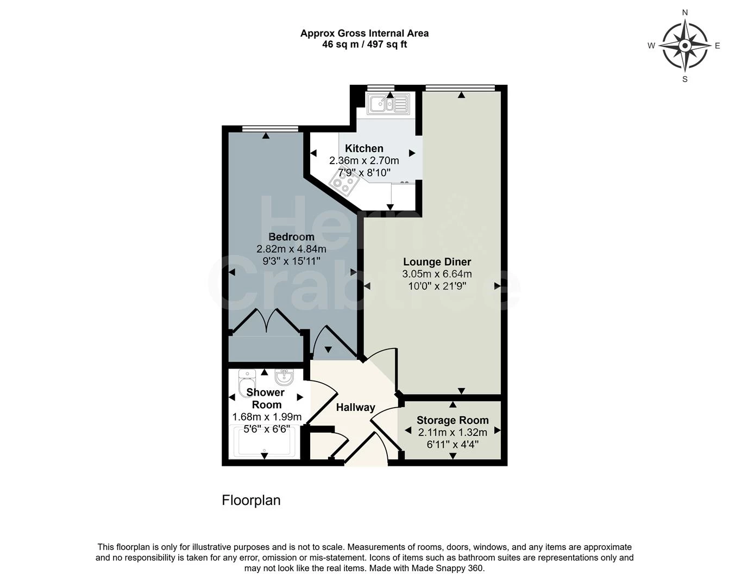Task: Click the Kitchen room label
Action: (364, 148)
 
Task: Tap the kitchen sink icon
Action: (388, 103)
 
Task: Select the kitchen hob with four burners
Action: (344, 183)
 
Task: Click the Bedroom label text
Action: (291, 237)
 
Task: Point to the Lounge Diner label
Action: (437, 262)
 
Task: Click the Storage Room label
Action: (453, 420)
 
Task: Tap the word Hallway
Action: (355, 407)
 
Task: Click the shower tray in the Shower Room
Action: (264, 442)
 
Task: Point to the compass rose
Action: (685, 46)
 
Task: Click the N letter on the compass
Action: (685, 13)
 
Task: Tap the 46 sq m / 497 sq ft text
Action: (364, 45)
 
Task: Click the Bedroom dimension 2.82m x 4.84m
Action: (291, 249)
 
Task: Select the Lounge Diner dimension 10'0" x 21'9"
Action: (437, 286)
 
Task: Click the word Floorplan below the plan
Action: (251, 500)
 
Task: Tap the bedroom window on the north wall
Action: (270, 128)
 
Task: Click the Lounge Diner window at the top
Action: (460, 88)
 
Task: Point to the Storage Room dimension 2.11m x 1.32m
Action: (453, 433)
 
